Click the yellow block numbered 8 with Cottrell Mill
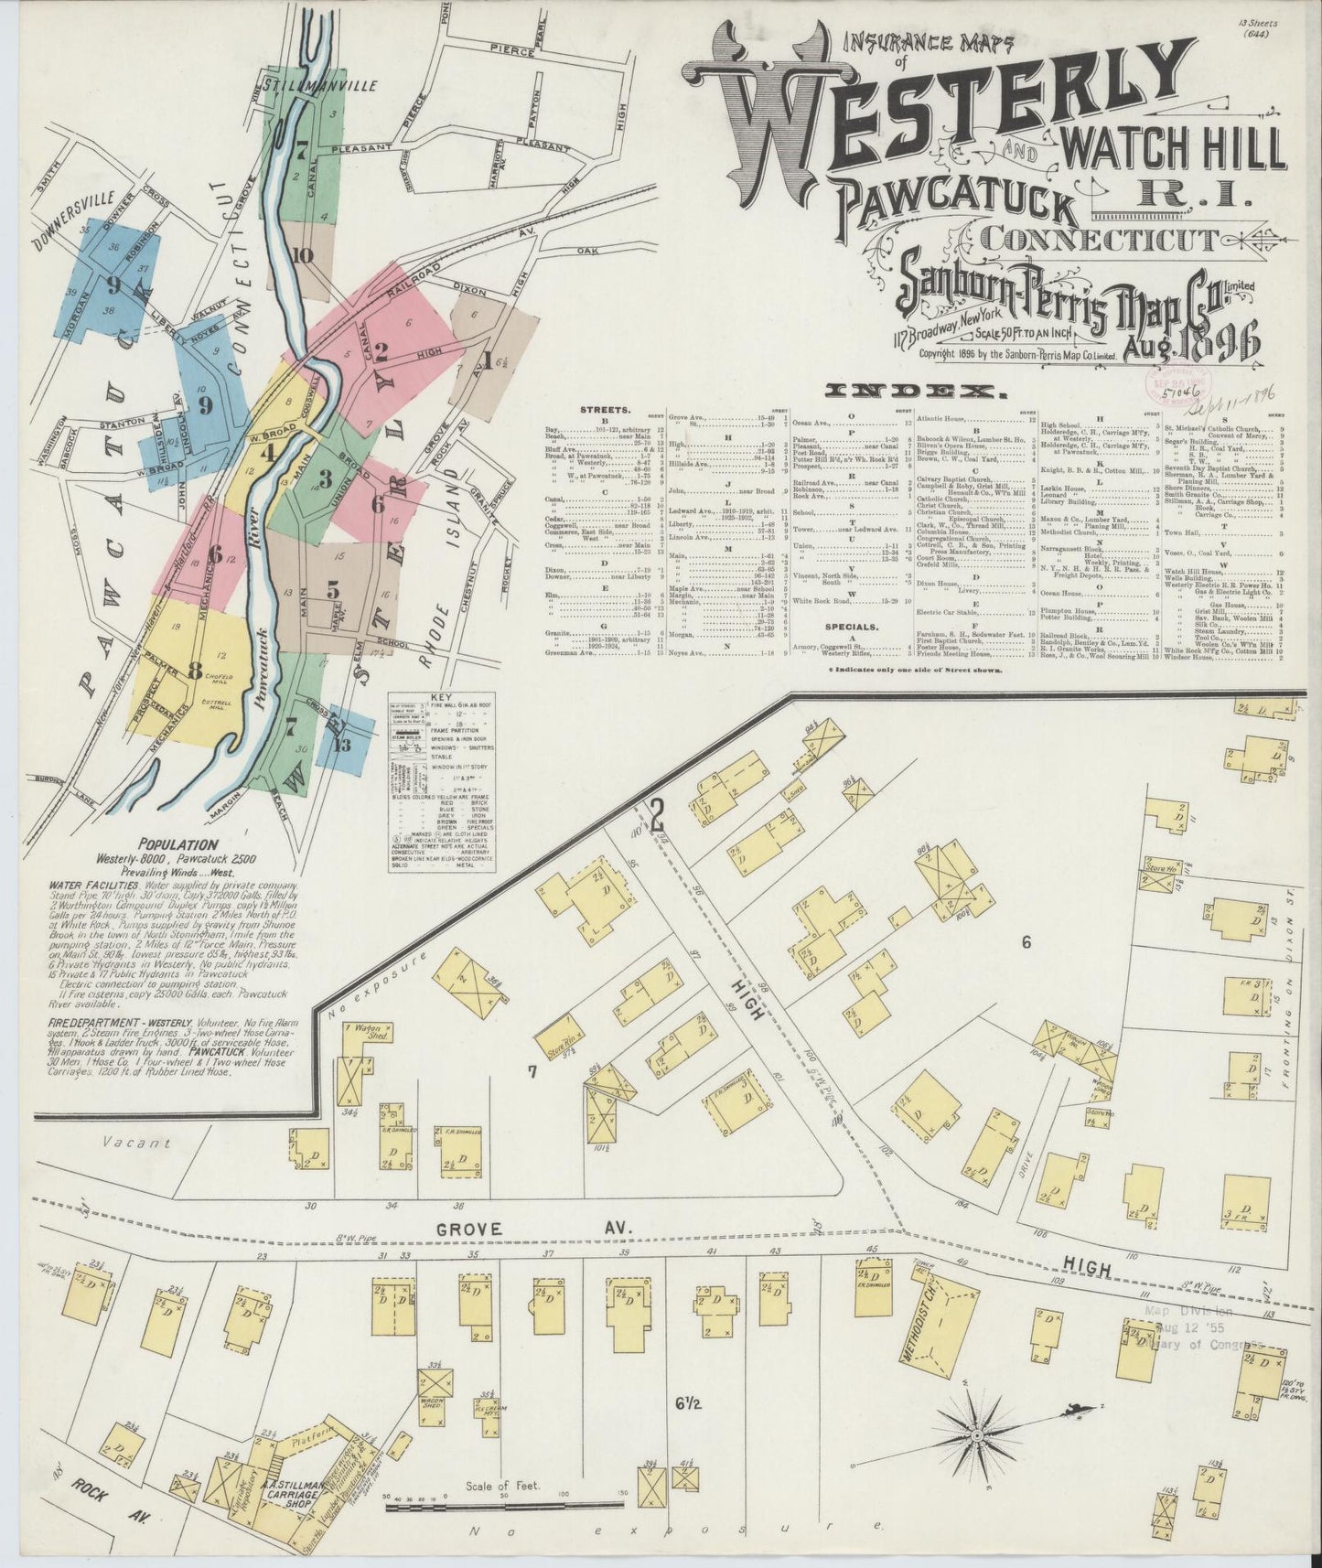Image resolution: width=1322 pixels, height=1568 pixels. (195, 670)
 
